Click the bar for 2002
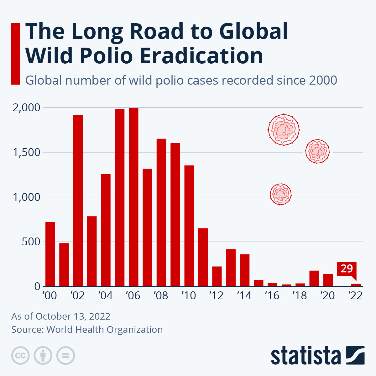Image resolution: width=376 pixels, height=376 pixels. [x=78, y=201]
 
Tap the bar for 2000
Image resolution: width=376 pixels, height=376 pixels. [x=50, y=254]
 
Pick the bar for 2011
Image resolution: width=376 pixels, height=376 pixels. [x=203, y=257]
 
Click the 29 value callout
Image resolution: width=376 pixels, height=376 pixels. [x=347, y=269]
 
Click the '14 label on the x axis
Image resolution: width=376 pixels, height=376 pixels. [x=244, y=295]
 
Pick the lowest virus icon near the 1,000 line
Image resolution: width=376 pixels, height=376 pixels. [x=280, y=194]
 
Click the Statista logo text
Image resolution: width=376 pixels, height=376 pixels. [x=305, y=356]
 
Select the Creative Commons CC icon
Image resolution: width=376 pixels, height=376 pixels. [x=20, y=356]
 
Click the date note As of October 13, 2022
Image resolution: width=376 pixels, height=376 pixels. [x=61, y=316]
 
